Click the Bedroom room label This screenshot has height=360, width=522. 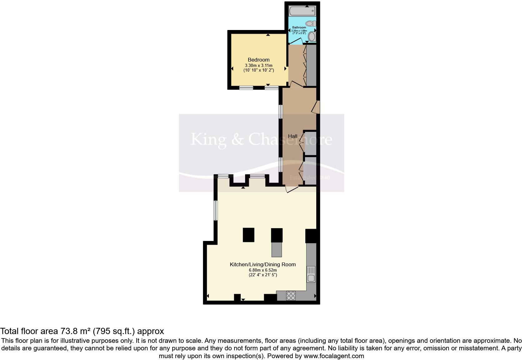tap(259, 60)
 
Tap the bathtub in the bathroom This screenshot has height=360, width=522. tap(302, 11)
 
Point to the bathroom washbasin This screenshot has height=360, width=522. tap(312, 37)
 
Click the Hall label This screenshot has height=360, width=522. tap(293, 136)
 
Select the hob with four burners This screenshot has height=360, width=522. tap(291, 296)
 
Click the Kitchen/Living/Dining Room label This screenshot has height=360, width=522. tap(263, 264)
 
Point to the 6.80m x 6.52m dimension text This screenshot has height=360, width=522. tap(263, 270)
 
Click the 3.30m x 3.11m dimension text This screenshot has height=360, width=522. tap(259, 65)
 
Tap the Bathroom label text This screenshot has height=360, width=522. tap(299, 27)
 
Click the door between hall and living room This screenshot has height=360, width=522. tap(292, 189)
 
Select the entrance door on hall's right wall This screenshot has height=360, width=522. tap(316, 107)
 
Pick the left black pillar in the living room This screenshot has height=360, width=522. tap(249, 235)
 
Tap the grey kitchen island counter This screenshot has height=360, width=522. tap(276, 249)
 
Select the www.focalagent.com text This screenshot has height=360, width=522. tap(334, 356)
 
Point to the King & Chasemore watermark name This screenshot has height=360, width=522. tap(261, 139)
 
